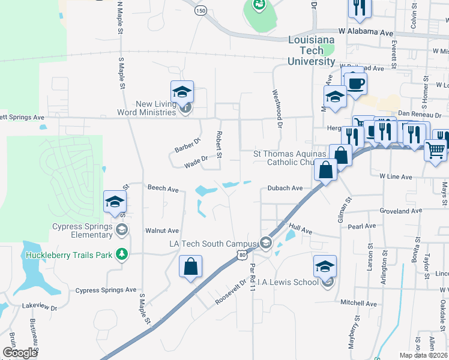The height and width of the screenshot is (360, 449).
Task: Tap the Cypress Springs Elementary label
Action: coord(82,231)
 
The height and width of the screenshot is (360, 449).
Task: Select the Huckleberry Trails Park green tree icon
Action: coord(122,255)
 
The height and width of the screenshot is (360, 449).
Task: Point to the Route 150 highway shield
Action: coord(200,10)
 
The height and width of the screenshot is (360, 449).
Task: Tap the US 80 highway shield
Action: coord(241,256)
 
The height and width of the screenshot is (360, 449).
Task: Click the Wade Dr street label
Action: coord(196,160)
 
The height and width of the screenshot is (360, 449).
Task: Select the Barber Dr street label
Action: coord(187,145)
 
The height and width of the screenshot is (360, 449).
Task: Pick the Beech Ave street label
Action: coord(163,189)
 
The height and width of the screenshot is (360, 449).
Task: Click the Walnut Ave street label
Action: coord(162,230)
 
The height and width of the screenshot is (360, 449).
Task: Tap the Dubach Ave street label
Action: coord(285,188)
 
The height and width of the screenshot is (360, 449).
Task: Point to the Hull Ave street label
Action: coord(300,230)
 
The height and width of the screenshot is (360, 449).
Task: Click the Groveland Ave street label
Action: coord(402,211)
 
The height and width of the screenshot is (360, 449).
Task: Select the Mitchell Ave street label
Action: coord(357,302)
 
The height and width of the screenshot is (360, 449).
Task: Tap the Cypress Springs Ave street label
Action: coord(106,290)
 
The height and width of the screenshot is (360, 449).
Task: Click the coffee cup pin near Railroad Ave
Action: coord(354,83)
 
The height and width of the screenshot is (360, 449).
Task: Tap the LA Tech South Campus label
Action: coord(212,244)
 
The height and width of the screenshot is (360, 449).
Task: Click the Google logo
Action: coord(20,353)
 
